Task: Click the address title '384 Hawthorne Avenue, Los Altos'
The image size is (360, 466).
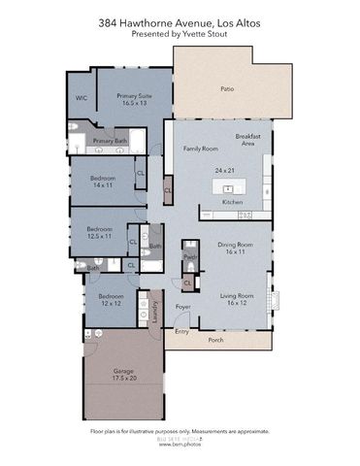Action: tap(180, 20)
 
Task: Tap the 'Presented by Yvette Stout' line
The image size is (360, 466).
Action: tap(180, 32)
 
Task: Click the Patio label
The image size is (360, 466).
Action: tap(226, 89)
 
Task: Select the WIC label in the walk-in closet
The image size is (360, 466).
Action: tap(82, 97)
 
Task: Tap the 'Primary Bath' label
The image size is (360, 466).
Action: tap(110, 141)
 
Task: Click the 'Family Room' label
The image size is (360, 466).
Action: tap(200, 150)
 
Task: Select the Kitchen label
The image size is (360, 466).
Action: tap(233, 202)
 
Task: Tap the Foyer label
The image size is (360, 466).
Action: tap(182, 307)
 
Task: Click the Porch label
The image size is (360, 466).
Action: tap(215, 340)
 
